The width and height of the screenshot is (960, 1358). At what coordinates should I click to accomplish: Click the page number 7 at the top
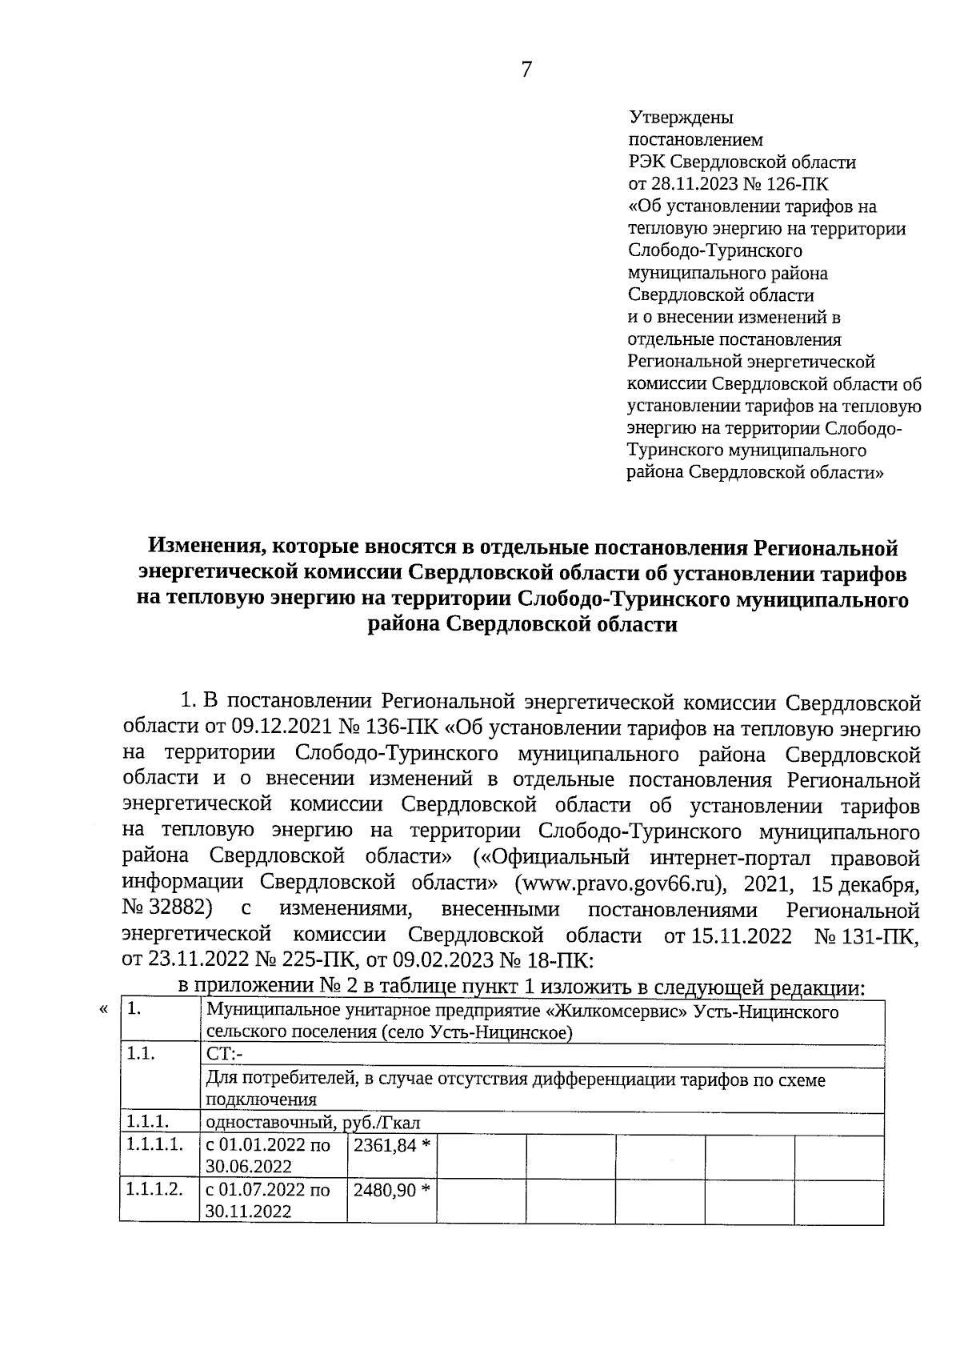[x=526, y=70]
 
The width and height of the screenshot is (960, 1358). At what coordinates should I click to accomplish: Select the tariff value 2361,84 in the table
[x=386, y=1145]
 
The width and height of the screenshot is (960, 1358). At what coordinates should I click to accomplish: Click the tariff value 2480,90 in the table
[x=386, y=1190]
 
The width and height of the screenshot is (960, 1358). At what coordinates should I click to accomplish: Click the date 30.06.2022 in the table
[x=248, y=1167]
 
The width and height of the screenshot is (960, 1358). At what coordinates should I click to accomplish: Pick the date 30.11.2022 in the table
[x=248, y=1212]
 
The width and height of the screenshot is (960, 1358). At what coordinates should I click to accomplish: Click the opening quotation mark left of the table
[x=102, y=1010]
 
